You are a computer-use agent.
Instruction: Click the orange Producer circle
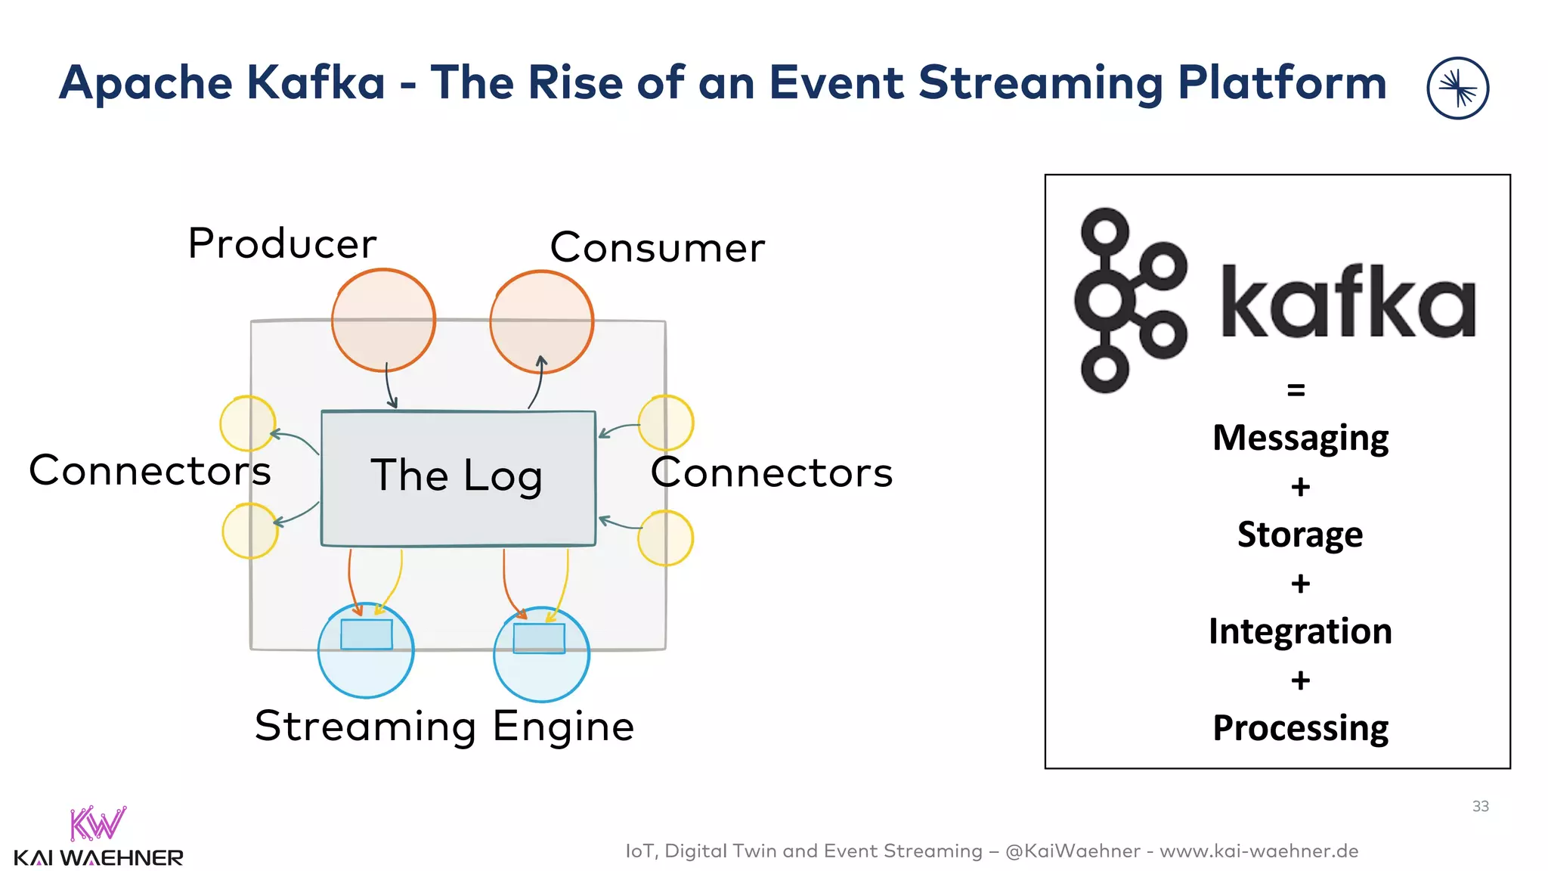tap(383, 320)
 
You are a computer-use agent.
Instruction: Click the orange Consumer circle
tap(541, 321)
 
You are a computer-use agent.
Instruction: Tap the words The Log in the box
tap(457, 476)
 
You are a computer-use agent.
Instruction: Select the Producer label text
tap(282, 243)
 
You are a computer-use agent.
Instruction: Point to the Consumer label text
tap(657, 247)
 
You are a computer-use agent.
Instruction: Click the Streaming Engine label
tap(444, 726)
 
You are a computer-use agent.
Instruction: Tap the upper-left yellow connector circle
tap(247, 423)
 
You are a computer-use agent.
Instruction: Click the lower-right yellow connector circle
tap(665, 538)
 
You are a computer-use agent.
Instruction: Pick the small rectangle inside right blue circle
tap(539, 638)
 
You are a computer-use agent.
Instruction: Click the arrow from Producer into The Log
tap(389, 386)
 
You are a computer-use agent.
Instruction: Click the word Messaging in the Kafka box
tap(1300, 438)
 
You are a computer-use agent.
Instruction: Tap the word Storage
tap(1300, 534)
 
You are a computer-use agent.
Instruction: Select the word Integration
tap(1300, 631)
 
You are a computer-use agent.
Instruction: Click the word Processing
tap(1300, 727)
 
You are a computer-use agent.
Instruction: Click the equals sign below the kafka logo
tap(1296, 390)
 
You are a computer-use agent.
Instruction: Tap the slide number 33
tap(1480, 806)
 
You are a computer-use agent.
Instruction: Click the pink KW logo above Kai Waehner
tap(98, 823)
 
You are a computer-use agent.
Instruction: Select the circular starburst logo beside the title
tap(1457, 88)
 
